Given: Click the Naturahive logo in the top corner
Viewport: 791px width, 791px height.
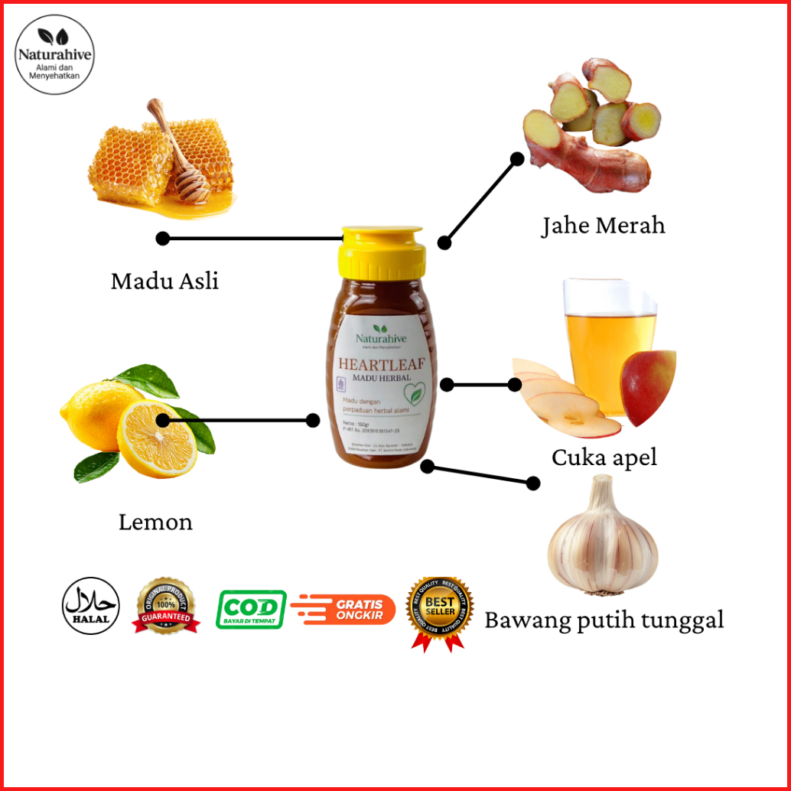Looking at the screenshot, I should pos(55,54).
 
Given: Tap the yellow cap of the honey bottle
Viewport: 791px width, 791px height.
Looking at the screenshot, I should pos(383,253).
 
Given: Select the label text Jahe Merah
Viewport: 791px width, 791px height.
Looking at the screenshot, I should pos(604,226).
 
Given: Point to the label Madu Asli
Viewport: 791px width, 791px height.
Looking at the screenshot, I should pos(164,282).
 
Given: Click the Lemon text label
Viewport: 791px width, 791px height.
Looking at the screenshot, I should pos(155,522).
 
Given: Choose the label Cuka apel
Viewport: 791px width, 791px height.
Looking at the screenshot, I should pos(604,457).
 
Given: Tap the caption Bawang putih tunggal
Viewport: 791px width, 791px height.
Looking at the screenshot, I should pos(604,620).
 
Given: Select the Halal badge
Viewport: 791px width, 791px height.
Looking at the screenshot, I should pos(90,606).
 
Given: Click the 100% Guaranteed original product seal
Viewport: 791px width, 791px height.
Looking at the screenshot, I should pos(165,606).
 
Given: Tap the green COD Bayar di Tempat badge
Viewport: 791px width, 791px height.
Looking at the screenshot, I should pos(251,609).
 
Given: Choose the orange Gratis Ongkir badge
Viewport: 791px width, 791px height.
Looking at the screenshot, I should pos(343,609).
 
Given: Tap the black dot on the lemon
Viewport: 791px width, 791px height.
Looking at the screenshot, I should pos(162,420).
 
